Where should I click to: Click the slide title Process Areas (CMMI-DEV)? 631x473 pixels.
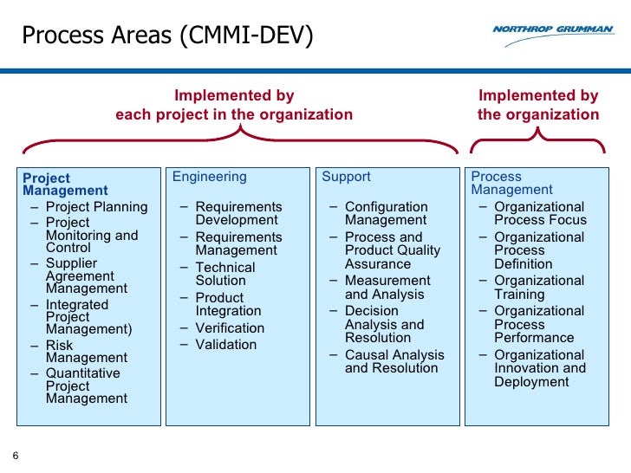[167, 36]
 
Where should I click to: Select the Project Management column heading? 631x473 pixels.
[65, 184]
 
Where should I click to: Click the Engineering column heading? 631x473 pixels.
[209, 177]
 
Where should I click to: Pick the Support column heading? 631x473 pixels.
[346, 177]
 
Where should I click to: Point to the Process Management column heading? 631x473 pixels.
[511, 183]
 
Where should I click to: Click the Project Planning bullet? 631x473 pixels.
[96, 207]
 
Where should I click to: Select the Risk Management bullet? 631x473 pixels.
[86, 351]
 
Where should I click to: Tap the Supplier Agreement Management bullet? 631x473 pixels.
[86, 275]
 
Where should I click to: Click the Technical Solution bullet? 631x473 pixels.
[224, 275]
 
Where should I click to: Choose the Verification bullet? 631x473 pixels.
[230, 327]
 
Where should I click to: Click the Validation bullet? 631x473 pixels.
[225, 344]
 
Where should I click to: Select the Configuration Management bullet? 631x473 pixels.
[386, 213]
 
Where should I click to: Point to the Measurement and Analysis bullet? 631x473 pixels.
[387, 288]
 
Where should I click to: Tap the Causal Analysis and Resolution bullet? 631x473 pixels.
[394, 361]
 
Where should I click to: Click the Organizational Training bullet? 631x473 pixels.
[538, 288]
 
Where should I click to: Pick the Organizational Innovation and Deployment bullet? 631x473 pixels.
[539, 368]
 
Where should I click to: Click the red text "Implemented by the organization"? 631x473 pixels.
[537, 105]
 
